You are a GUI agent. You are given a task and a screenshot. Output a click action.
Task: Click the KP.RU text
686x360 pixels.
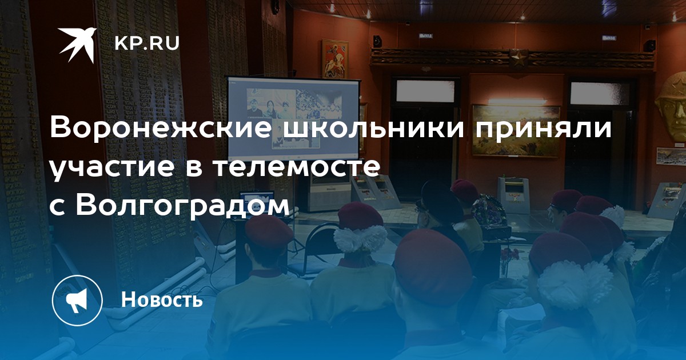point(147,43)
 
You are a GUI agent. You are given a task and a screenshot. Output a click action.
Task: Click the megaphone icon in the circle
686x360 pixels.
point(77,301)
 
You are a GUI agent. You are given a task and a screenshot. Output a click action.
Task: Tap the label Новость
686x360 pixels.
point(162,299)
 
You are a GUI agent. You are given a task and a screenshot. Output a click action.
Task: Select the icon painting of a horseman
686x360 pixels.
point(335,58)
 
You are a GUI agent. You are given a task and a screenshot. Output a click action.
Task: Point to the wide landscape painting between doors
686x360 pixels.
point(516,130)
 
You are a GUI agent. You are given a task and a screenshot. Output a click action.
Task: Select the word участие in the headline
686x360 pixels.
point(111,168)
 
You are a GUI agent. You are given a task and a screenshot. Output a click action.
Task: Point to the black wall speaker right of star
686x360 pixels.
point(649,45)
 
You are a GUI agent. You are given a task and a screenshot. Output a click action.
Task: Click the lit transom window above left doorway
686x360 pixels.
point(426,91)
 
